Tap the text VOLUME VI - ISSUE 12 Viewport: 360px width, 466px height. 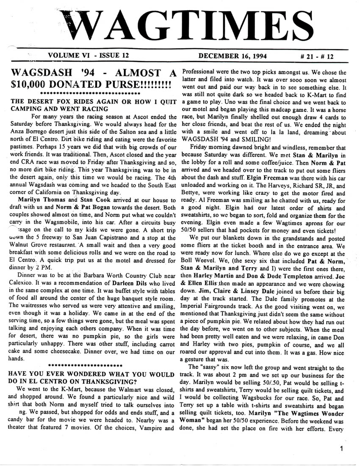(89, 55)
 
